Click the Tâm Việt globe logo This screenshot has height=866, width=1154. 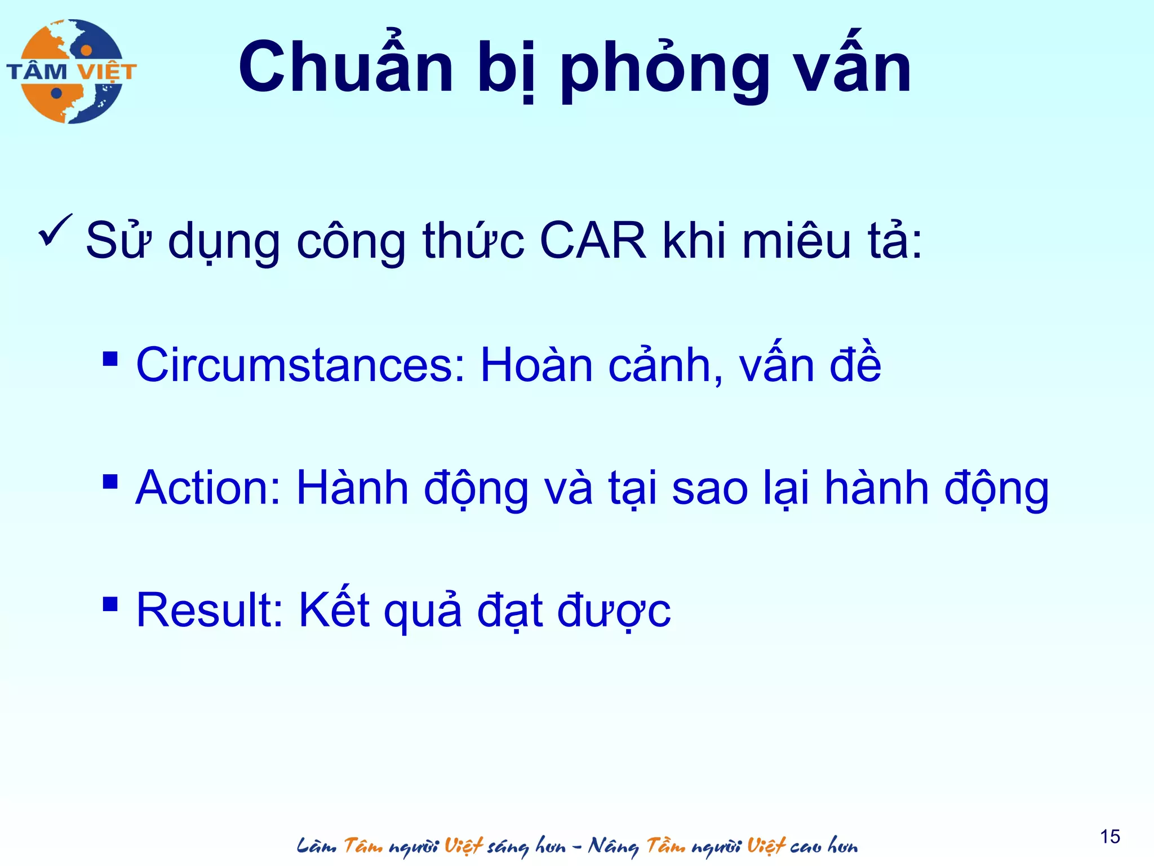coord(72,72)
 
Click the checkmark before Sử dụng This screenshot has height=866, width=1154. coord(55,231)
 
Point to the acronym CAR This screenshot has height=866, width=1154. coord(593,241)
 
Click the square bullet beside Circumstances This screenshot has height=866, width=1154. coord(110,359)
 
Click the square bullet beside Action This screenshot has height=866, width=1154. coord(110,481)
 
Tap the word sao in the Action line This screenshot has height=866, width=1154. coord(709,488)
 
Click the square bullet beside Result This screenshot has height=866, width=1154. coord(110,604)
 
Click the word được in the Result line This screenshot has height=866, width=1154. coord(614,611)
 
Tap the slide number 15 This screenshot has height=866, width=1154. coord(1110,837)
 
